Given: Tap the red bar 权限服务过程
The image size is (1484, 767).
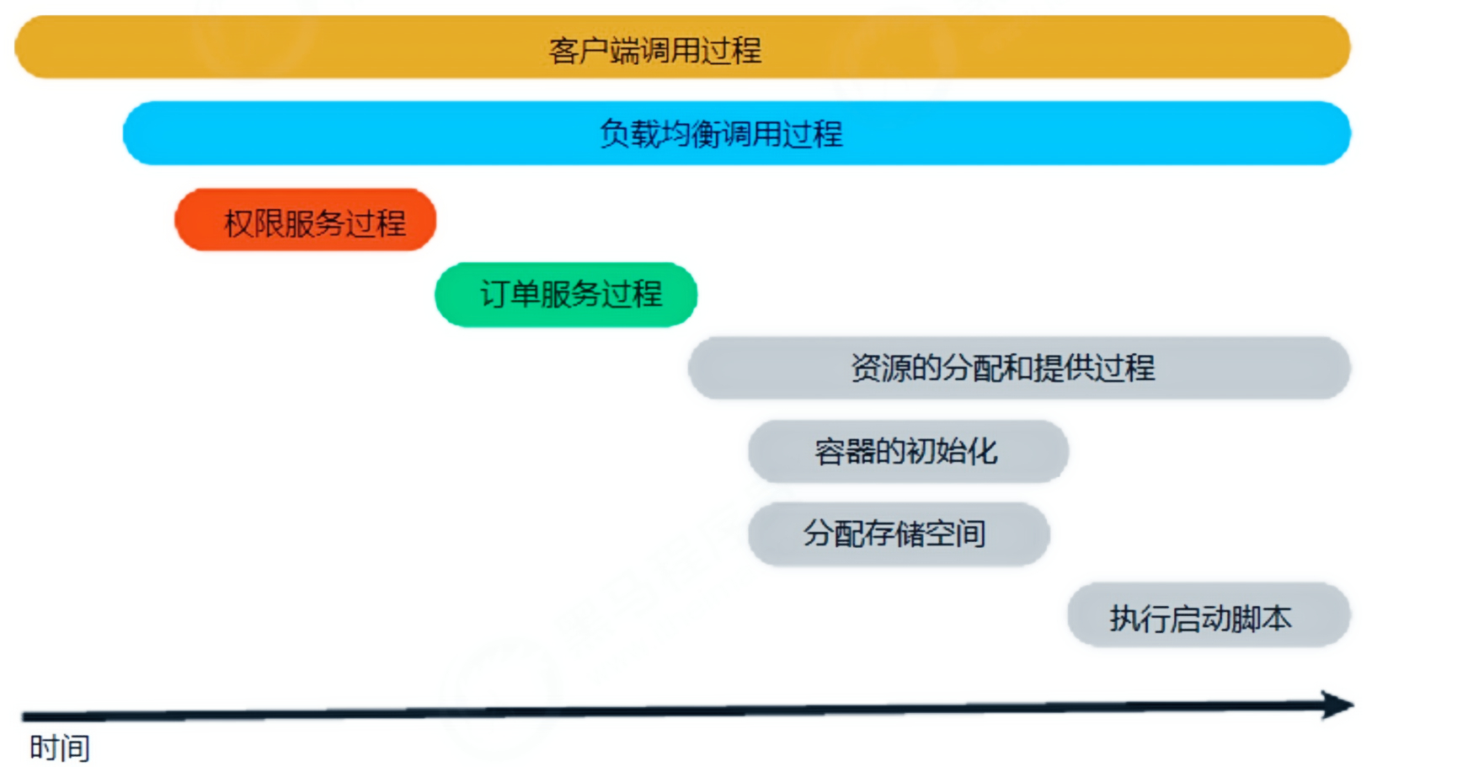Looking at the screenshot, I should coord(305,220).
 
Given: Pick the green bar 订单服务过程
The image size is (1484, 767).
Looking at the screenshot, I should coord(566,294).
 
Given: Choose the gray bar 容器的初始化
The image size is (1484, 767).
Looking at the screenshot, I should coord(908,451).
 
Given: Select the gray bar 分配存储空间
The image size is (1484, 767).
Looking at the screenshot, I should coord(898,534).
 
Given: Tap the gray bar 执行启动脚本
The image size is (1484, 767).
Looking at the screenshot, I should coord(1209,615).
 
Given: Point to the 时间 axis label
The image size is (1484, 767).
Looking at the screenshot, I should coord(59,748).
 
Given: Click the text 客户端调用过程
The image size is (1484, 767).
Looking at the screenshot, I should coord(655,51).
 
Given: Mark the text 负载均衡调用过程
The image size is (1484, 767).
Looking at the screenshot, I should coord(721,134).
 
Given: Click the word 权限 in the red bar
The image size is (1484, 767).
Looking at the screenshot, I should coord(254,223).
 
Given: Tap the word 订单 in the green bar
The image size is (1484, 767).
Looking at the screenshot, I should coord(510,294).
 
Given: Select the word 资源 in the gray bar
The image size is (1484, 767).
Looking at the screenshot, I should coord(881,368).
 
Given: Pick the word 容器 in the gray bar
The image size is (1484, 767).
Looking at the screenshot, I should coord(845,452).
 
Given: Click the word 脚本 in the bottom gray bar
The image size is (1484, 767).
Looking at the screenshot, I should coord(1261,619).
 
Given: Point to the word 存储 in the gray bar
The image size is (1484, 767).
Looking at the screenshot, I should coord(895,534).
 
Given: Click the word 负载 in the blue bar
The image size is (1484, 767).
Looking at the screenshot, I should coord(629,134).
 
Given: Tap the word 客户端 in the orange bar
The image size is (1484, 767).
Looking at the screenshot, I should coord(594,51).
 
